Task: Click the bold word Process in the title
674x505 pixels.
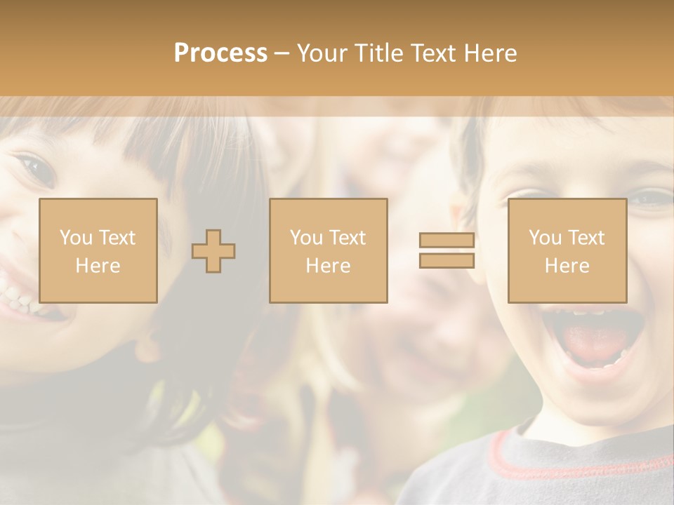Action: (x=220, y=53)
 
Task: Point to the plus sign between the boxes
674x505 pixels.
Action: (x=213, y=251)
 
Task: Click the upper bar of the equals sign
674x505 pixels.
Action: (x=447, y=240)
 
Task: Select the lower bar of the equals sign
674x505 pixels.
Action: (x=447, y=261)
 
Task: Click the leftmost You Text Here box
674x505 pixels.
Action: (x=98, y=250)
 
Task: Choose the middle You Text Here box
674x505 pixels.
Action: (x=328, y=250)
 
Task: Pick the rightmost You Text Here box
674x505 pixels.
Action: (x=567, y=250)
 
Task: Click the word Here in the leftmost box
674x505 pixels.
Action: (x=98, y=266)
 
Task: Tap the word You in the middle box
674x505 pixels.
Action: (x=306, y=238)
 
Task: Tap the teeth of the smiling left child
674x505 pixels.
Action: (x=18, y=298)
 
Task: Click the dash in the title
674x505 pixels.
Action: (x=282, y=53)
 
